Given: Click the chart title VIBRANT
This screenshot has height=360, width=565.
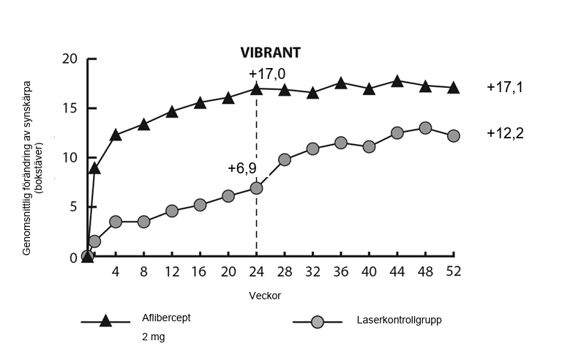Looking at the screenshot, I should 272,53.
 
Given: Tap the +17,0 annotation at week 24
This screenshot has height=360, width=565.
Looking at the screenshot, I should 266,74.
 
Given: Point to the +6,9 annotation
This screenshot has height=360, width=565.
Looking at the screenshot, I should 242,168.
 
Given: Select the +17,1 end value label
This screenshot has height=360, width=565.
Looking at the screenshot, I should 505,87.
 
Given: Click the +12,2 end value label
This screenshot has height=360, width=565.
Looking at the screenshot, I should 505,133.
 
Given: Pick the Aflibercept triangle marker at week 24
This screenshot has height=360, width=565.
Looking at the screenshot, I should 256,89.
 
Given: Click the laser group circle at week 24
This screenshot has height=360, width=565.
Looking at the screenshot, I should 256,188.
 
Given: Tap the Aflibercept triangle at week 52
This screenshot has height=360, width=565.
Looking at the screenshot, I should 454,88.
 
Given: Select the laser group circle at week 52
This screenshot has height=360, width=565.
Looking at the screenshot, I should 454,135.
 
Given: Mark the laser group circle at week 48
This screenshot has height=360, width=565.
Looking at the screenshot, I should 425,128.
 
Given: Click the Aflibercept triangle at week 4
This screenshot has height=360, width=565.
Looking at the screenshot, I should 116,135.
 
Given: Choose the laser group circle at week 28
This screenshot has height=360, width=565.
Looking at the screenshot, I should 285,160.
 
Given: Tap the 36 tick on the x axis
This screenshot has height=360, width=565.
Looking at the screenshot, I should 341,271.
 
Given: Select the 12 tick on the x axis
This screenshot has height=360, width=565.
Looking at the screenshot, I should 172,271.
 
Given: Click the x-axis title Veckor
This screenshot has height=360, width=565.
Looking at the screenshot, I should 265,296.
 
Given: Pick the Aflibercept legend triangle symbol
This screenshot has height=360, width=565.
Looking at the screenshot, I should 105,320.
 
